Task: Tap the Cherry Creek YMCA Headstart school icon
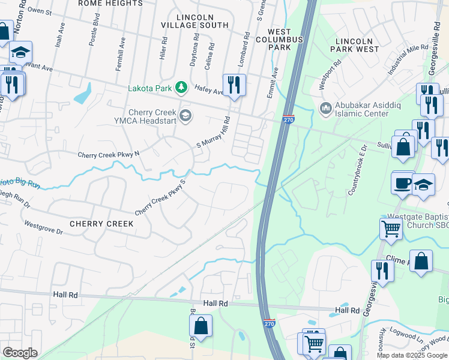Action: coord(185,116)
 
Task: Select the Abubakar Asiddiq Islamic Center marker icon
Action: coord(326,108)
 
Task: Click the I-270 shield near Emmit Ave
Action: coord(288,121)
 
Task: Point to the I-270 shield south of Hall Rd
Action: coord(270,323)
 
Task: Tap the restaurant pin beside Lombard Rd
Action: coord(234,84)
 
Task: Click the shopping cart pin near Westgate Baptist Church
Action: coord(391,229)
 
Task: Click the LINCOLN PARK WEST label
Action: coord(354,44)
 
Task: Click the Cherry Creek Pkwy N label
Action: coord(108,154)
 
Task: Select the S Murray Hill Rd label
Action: coord(214,133)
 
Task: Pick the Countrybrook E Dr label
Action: coord(356,170)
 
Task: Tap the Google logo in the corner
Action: coord(20,353)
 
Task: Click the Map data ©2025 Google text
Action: coord(412,355)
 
